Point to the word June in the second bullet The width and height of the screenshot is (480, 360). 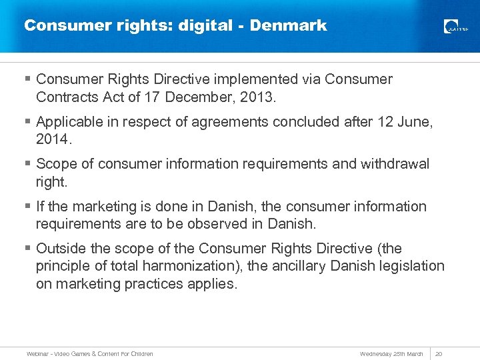coord(414,121)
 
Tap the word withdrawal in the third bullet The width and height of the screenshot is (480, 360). coord(395,164)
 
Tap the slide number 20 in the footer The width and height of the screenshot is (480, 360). coord(439,353)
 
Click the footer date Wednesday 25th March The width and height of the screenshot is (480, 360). coord(391,353)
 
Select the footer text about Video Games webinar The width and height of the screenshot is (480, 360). coord(90,353)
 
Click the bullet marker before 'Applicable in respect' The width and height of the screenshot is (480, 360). coord(27,122)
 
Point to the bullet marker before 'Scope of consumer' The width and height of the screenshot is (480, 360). coord(27,165)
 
